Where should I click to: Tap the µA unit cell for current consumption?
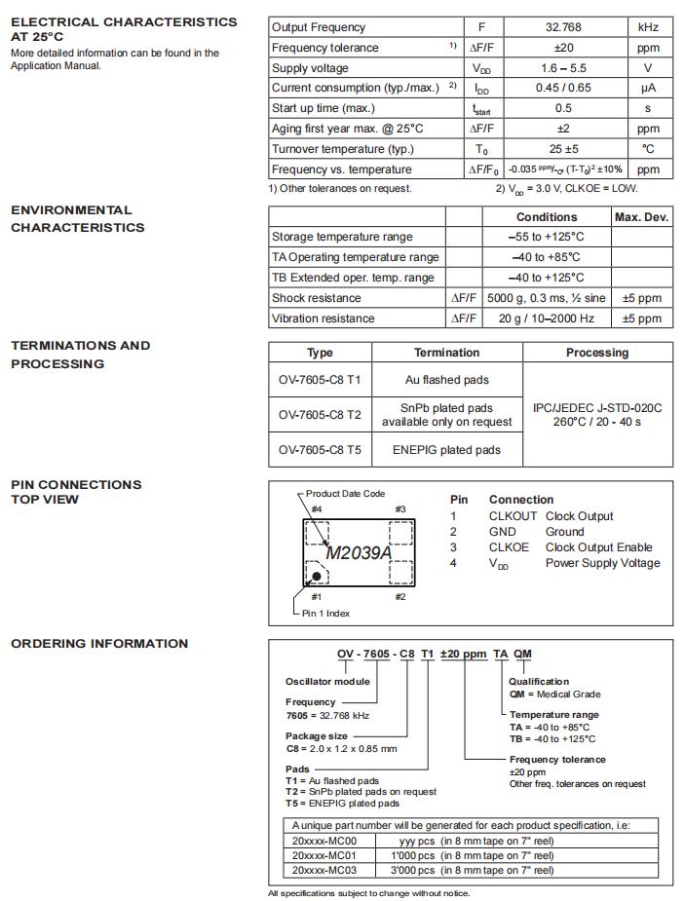[x=648, y=88]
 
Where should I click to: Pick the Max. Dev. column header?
[x=642, y=217]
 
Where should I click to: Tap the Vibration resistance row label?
[x=323, y=319]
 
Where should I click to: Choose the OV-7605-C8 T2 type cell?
[x=320, y=415]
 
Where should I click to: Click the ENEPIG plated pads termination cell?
[x=446, y=450]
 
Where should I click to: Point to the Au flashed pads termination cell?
[x=446, y=380]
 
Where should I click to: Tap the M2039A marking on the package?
[x=358, y=553]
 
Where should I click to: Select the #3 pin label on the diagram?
[x=400, y=509]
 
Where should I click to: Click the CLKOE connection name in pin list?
[x=509, y=547]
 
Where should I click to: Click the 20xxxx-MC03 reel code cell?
[x=324, y=870]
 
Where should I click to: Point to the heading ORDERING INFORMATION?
[x=99, y=644]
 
